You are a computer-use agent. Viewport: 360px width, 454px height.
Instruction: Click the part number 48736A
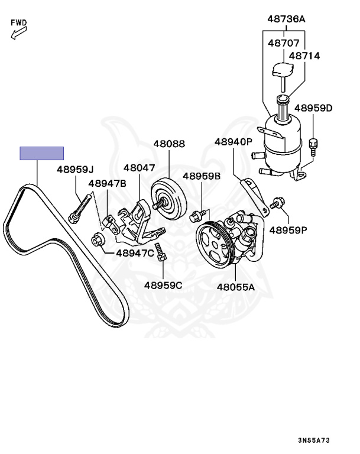tap(286, 20)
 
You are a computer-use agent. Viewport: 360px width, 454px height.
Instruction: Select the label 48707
tap(283, 43)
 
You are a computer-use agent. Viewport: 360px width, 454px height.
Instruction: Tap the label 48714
tap(304, 56)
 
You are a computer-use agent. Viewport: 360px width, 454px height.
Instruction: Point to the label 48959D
tap(313, 108)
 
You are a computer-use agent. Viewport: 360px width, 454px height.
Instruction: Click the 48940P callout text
tap(233, 142)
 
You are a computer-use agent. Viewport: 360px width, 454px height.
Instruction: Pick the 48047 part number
tap(140, 168)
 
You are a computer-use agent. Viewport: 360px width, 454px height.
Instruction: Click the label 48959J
tap(76, 170)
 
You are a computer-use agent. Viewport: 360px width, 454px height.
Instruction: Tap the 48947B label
tap(107, 183)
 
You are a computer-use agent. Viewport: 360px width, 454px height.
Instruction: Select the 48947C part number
tap(135, 253)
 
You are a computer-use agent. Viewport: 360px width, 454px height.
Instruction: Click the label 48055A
tap(235, 287)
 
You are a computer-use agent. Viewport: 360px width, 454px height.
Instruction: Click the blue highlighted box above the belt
tap(41, 153)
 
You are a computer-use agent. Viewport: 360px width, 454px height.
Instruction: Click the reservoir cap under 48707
tap(282, 71)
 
